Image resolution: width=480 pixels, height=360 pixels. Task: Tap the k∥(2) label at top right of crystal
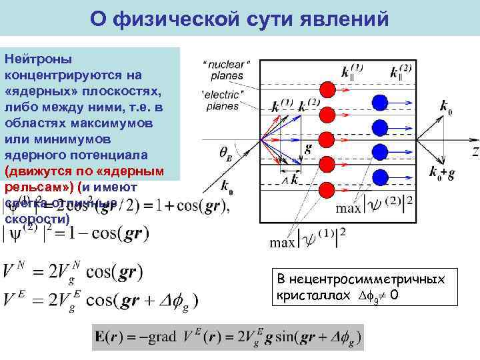pyautogui.click(x=391, y=71)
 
